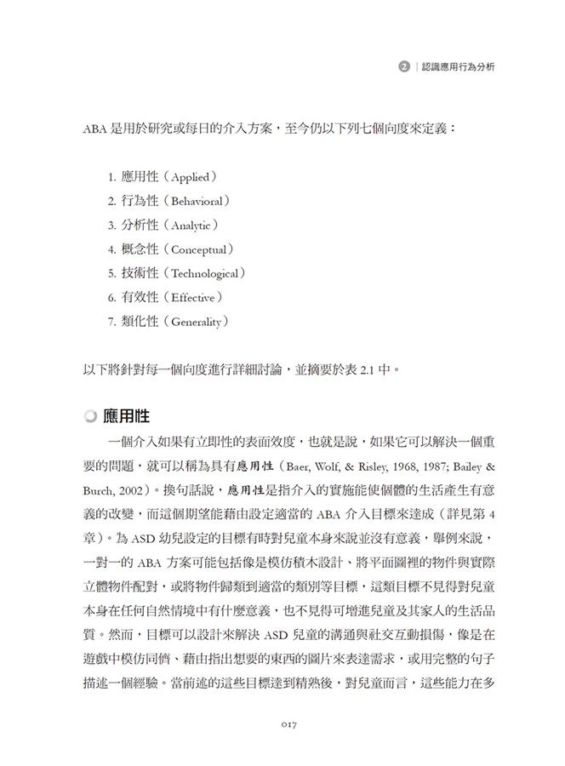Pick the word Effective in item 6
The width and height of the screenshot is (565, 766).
point(193,298)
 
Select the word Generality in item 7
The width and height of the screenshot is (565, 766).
point(197,323)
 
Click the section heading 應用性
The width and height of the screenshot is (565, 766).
point(126,416)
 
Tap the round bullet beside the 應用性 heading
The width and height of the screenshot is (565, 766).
point(91,417)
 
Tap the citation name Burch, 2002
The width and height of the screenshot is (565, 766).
point(116,491)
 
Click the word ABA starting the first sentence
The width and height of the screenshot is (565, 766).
point(95,129)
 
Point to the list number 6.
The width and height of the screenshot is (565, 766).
point(111,298)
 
